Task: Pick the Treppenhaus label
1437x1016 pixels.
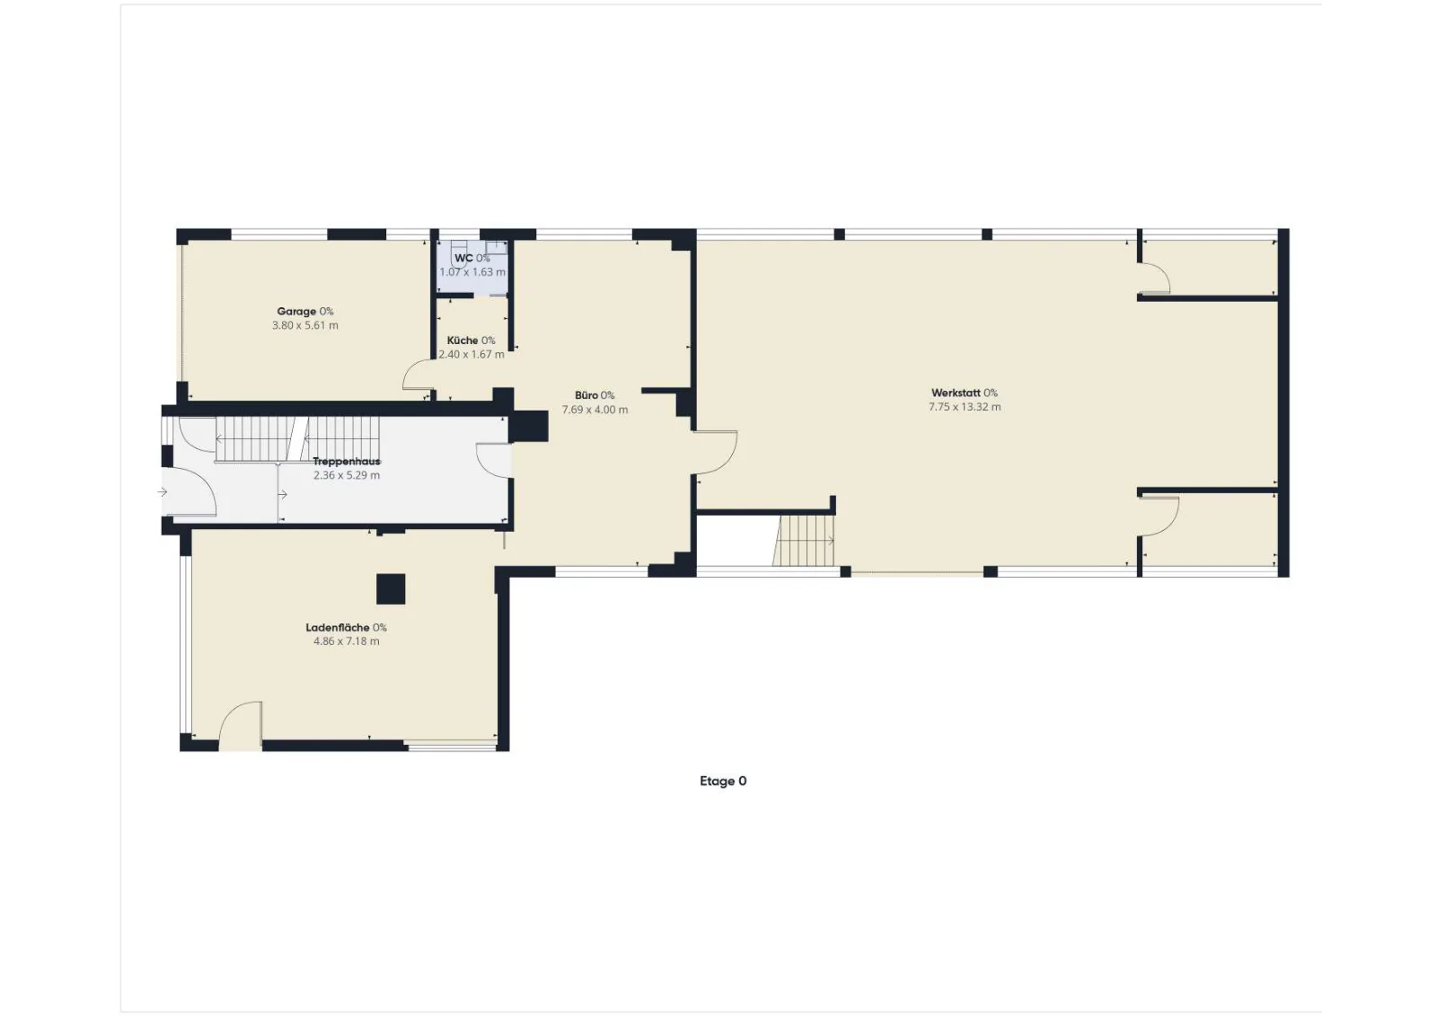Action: pyautogui.click(x=347, y=462)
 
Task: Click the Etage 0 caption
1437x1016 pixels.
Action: pyautogui.click(x=723, y=782)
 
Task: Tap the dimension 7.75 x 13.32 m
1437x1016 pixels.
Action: pyautogui.click(x=965, y=407)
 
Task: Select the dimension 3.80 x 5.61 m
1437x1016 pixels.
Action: pyautogui.click(x=304, y=325)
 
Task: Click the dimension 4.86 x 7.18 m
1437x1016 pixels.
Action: pyautogui.click(x=347, y=641)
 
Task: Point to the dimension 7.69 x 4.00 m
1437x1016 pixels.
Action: pyautogui.click(x=595, y=410)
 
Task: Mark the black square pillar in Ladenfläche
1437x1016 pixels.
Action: pyautogui.click(x=391, y=588)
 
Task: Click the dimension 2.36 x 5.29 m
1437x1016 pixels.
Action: pyautogui.click(x=347, y=475)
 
